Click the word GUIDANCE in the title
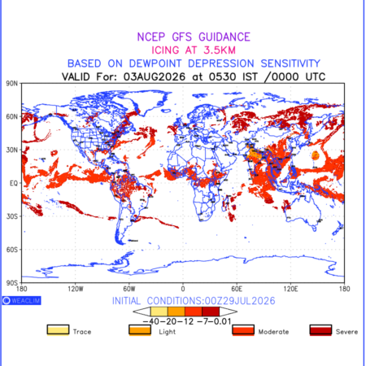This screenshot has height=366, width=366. point(224,37)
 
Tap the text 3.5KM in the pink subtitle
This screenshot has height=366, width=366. point(220,50)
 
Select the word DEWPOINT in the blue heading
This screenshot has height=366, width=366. point(155,63)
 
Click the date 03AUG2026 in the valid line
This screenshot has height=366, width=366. point(155,76)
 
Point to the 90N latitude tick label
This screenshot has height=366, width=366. point(12,84)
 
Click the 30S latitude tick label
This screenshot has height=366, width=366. point(12,216)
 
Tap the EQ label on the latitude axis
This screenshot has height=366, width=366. point(14,183)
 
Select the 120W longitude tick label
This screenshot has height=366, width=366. point(76,289)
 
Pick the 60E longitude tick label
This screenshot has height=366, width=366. point(237,289)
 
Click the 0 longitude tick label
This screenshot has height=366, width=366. point(183,289)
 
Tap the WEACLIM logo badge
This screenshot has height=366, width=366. point(22,300)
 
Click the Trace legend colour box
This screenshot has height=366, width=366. point(58,330)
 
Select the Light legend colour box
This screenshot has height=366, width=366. point(140,330)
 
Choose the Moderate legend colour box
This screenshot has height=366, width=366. point(243,330)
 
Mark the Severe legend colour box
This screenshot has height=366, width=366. point(320,330)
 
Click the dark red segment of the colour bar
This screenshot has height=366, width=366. point(211,312)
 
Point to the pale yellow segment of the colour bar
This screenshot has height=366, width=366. point(159,312)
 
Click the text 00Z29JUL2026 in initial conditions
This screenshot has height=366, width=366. point(240,301)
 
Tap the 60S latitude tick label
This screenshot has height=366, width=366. point(12,250)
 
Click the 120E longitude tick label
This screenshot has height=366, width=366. point(290,289)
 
